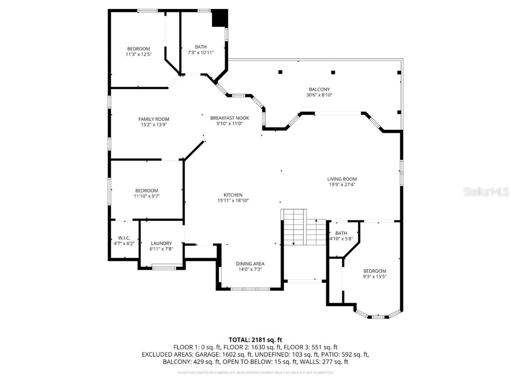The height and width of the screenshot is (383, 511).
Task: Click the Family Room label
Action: click(154, 119)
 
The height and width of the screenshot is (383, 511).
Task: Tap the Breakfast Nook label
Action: click(229, 118)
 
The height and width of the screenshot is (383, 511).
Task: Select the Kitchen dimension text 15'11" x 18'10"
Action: click(233, 200)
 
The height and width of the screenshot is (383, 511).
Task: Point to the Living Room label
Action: click(342, 179)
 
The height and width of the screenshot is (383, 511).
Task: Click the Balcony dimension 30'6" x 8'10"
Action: click(319, 95)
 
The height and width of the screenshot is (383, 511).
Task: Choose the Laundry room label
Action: click(161, 243)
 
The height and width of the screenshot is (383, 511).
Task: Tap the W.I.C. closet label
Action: click(124, 237)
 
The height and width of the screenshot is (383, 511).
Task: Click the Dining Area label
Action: click(250, 264)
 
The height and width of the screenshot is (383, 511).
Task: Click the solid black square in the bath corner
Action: click(220, 19)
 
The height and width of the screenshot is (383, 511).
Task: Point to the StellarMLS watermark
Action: click(486, 191)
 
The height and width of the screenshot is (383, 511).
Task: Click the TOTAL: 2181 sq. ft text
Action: click(255, 340)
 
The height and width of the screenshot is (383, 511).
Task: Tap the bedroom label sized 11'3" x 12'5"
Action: click(138, 49)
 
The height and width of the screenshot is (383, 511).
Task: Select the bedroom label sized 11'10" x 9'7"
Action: click(146, 191)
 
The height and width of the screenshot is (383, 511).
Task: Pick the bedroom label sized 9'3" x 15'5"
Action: click(374, 271)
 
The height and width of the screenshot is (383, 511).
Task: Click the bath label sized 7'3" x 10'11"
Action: click(201, 47)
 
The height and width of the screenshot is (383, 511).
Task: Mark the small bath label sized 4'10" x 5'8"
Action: click(341, 233)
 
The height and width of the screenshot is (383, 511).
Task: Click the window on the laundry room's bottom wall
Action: click(164, 268)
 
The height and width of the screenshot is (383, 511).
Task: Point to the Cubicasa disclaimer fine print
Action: click(255, 373)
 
